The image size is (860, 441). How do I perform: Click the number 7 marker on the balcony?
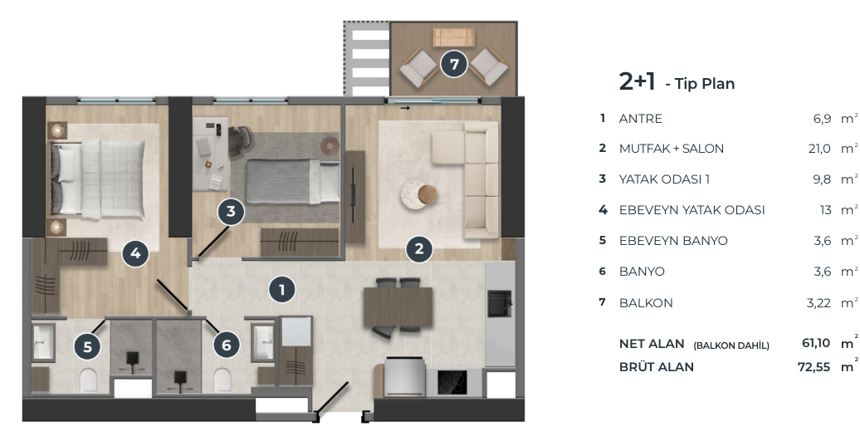click(454, 64)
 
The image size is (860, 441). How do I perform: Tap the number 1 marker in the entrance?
click(282, 290)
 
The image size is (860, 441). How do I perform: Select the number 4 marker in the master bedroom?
click(135, 253)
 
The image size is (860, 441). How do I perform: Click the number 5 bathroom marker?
click(88, 346)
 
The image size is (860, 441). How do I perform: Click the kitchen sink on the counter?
click(499, 303)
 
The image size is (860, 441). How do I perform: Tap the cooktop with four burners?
click(452, 382)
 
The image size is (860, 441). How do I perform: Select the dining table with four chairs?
click(398, 306)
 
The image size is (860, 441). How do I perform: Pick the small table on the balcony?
click(453, 37)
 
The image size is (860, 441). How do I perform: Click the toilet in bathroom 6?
click(222, 380)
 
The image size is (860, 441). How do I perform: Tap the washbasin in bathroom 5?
click(44, 342)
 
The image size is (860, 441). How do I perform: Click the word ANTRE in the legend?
click(641, 119)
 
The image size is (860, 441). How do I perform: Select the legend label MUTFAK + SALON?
click(672, 149)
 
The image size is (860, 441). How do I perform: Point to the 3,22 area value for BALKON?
click(818, 303)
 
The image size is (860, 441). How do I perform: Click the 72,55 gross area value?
click(814, 367)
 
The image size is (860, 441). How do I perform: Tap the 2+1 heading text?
click(637, 81)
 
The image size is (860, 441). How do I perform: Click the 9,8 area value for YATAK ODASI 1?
click(822, 179)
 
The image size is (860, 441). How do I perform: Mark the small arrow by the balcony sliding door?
click(405, 109)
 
